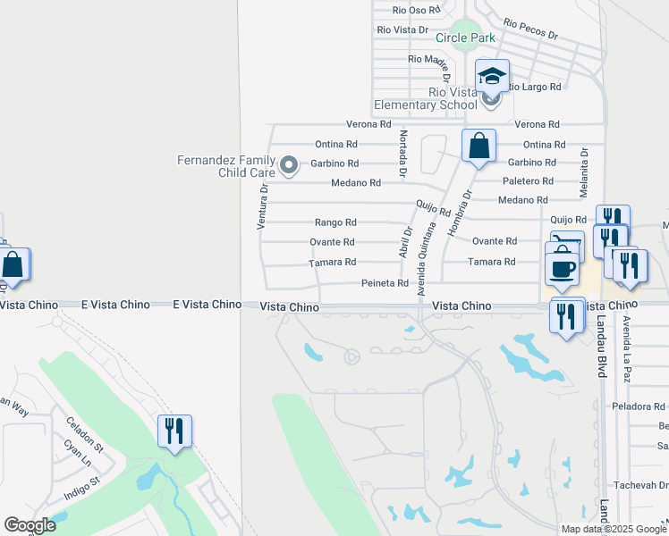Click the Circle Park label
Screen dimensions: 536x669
tap(465, 38)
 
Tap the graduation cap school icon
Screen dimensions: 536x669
tap(492, 76)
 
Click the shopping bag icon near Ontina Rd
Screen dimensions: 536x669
tap(478, 146)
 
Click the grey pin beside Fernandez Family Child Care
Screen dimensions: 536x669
tap(289, 164)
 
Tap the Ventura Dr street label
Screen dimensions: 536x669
tap(263, 205)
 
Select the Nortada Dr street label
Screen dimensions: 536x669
tap(403, 153)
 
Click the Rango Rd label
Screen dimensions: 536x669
tap(335, 222)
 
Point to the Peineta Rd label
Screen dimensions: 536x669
tap(385, 283)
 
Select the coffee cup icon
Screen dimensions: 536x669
tap(561, 269)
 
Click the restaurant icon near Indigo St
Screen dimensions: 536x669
tap(174, 431)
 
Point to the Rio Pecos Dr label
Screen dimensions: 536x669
tap(530, 29)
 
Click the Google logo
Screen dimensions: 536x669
tap(30, 525)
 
